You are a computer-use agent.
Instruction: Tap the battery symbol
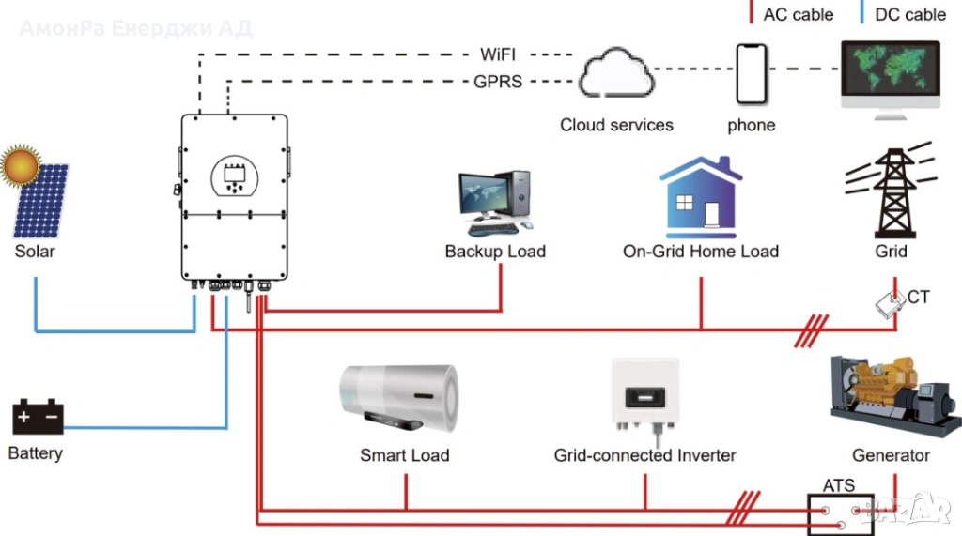(x=38, y=417)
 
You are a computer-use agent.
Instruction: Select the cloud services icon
(x=616, y=75)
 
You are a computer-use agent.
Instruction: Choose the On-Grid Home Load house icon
(x=701, y=197)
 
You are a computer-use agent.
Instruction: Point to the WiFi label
(x=498, y=54)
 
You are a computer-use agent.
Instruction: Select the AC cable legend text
(x=799, y=14)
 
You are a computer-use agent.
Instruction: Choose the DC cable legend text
(x=910, y=14)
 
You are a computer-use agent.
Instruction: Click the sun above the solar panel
(x=20, y=165)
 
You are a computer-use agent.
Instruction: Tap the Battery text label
(x=35, y=453)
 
